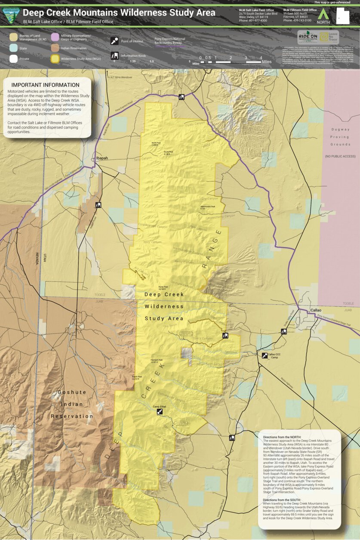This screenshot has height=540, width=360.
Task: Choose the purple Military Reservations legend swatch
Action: (x=55, y=37)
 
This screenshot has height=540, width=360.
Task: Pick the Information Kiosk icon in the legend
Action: (x=114, y=56)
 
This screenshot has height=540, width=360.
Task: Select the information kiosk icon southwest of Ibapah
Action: (x=98, y=205)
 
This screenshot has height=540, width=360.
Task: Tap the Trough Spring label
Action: (x=143, y=521)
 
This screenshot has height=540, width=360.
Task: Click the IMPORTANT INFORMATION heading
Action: (x=45, y=85)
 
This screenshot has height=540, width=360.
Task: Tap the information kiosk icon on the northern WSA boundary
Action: (x=182, y=97)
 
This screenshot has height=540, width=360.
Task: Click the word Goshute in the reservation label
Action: (x=72, y=392)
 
